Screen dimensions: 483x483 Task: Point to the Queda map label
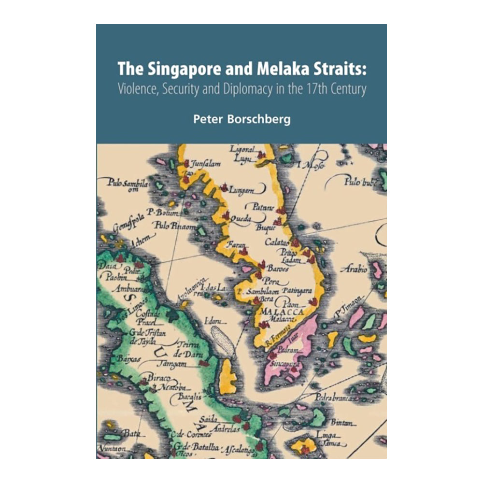coord(241,219)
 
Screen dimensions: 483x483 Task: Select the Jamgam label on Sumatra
coord(173,363)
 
